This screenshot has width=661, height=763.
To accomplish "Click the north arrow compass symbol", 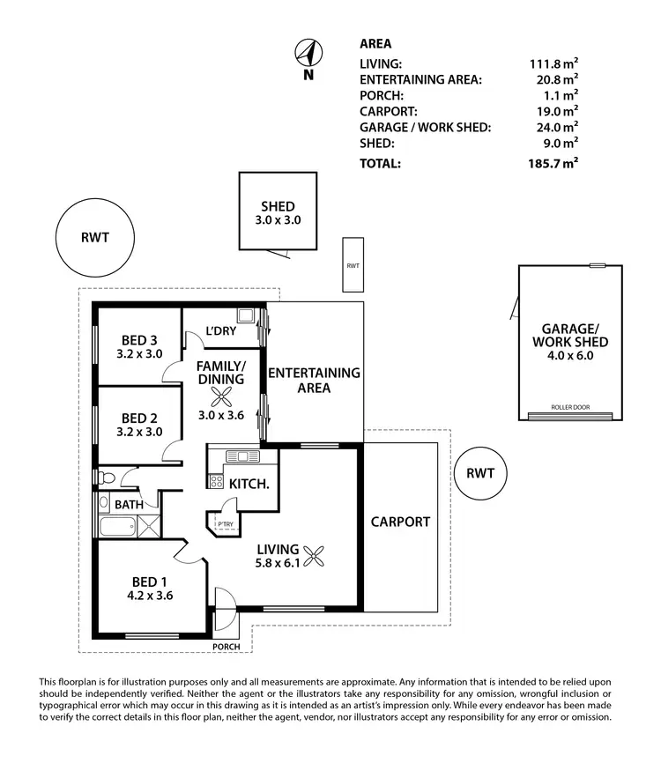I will click(x=308, y=56).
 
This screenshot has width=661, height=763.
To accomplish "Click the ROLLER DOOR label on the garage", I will click(x=569, y=408).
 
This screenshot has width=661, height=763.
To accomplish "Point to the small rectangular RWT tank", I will click(x=353, y=264).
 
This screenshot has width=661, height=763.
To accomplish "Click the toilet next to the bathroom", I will click(x=106, y=478).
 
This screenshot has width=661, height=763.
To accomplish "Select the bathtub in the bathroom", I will click(x=116, y=529).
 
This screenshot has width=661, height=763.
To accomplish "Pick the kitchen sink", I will click(x=238, y=456).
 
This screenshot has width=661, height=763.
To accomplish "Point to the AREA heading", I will click(x=376, y=43).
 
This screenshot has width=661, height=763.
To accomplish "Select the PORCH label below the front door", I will click(x=227, y=647).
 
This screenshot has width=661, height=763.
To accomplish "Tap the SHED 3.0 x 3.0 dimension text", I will click(x=277, y=220).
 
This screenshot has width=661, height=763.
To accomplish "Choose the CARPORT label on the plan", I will click(x=401, y=522).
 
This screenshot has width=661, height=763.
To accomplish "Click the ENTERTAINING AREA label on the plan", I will click(x=314, y=380).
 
